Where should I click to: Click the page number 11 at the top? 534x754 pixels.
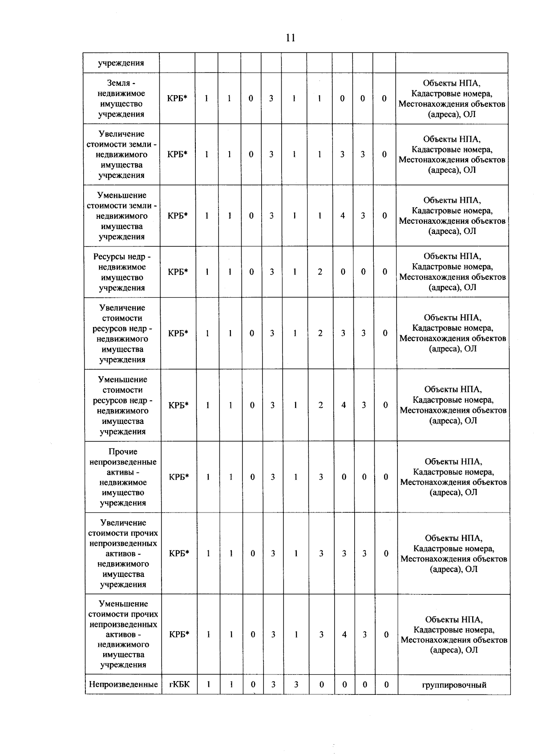[x=290, y=38]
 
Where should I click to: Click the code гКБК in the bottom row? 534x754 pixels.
[x=179, y=684]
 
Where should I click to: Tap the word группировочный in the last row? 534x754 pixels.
[x=454, y=685]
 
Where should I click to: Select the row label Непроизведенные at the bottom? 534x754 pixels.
[x=123, y=684]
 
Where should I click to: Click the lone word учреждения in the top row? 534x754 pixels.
[x=121, y=63]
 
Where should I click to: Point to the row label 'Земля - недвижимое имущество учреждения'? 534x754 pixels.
[x=121, y=98]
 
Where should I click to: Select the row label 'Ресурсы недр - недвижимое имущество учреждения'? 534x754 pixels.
[x=122, y=272]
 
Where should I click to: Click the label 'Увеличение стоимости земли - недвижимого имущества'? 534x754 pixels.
[x=121, y=154]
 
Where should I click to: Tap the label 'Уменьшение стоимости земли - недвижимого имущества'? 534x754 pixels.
[x=121, y=216]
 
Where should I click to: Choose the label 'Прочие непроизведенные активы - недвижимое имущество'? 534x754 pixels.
[x=122, y=477]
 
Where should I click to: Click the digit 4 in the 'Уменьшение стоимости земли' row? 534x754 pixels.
[x=343, y=216]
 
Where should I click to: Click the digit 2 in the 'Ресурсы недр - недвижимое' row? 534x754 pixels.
[x=320, y=272]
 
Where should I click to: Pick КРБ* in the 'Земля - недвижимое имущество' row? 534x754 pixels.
[x=177, y=98]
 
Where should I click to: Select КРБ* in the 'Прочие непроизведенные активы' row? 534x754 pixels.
[x=179, y=477]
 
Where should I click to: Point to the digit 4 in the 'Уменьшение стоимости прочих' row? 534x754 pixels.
[x=344, y=635]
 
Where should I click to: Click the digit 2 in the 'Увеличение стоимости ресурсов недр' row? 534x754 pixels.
[x=320, y=333]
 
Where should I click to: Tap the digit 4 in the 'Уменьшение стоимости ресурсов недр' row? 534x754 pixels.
[x=343, y=405]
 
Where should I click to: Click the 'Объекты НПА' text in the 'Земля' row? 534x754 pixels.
[x=452, y=83]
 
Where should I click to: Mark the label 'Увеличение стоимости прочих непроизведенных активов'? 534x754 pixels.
[x=123, y=553]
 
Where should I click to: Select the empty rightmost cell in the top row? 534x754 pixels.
[x=452, y=63]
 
